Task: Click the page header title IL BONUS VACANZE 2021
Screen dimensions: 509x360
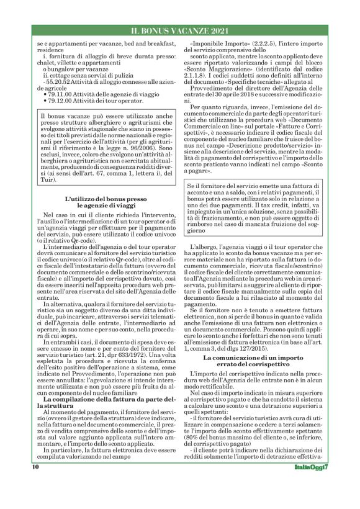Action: click(x=179, y=30)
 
